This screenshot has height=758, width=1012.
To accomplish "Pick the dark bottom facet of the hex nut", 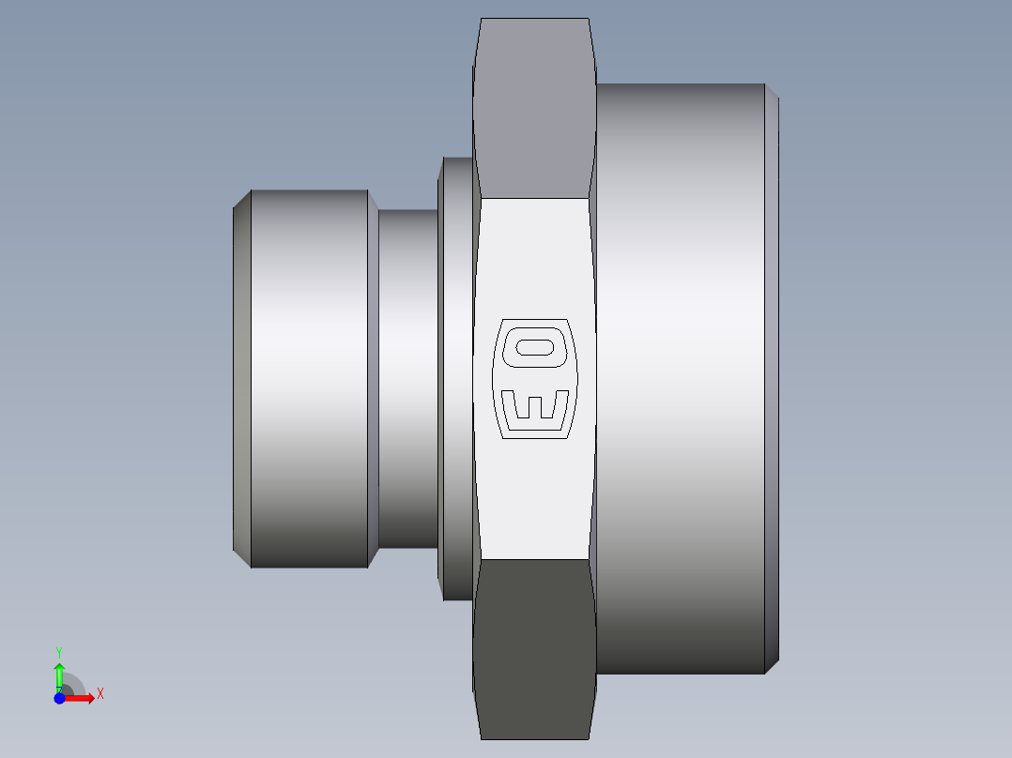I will (x=533, y=647).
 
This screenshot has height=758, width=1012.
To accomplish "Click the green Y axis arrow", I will (x=59, y=674).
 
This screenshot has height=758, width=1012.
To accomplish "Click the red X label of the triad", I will (x=100, y=694).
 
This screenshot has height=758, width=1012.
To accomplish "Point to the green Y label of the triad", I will (x=59, y=651).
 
